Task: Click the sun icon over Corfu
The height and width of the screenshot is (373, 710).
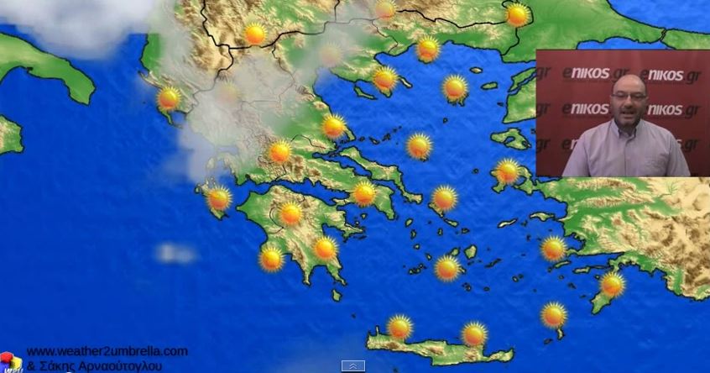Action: pyautogui.click(x=169, y=98)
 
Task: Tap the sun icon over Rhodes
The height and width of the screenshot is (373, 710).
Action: pyautogui.click(x=613, y=285)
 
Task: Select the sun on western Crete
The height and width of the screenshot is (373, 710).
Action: pyautogui.click(x=399, y=327)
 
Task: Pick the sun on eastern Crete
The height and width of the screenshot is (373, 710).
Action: pyautogui.click(x=474, y=334)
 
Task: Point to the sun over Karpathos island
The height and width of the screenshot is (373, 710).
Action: pyautogui.click(x=554, y=315)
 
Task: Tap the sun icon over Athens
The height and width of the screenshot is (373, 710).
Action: pyautogui.click(x=363, y=193)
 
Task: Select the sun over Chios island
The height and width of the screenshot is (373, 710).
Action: pyautogui.click(x=508, y=171)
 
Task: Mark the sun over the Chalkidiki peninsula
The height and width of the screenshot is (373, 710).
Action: pyautogui.click(x=385, y=78)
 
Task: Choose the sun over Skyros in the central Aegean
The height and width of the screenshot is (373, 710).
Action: pyautogui.click(x=419, y=145)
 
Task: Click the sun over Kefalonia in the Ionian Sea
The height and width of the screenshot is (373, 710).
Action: pyautogui.click(x=219, y=198)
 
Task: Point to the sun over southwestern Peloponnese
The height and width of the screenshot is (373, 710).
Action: pyautogui.click(x=271, y=258)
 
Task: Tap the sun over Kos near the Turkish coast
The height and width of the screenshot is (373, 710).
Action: pyautogui.click(x=553, y=249)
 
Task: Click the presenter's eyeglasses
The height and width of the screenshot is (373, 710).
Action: pyautogui.click(x=629, y=96)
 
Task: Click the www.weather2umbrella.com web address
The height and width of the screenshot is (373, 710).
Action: pyautogui.click(x=107, y=351)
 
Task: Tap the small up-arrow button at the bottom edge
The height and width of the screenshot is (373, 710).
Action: pyautogui.click(x=353, y=366)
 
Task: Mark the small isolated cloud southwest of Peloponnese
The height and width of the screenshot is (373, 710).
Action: pyautogui.click(x=175, y=252)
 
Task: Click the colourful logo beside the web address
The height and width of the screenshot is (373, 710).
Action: pyautogui.click(x=10, y=361)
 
